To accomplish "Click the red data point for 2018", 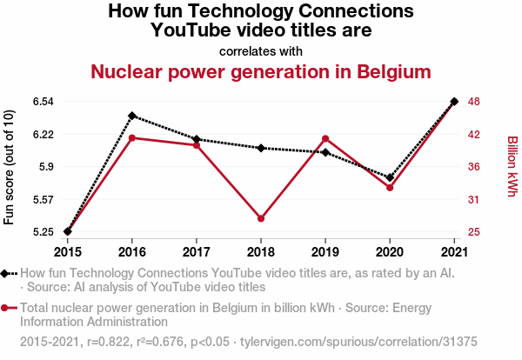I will (261, 218).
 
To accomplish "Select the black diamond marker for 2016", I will (132, 116).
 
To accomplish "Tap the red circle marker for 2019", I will (325, 138).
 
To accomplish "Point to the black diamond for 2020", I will (390, 177).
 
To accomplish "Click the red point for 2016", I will (132, 137).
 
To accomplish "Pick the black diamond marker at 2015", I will (68, 231).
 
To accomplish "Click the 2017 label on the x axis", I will (197, 252).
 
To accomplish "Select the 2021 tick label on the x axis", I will (454, 252).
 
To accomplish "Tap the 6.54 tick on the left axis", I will (43, 102).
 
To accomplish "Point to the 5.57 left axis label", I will (43, 200).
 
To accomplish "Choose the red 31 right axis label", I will (473, 200).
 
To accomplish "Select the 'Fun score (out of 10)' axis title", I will (10, 167).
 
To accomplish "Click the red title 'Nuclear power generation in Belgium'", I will (261, 71).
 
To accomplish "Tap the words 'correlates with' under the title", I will (261, 50).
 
